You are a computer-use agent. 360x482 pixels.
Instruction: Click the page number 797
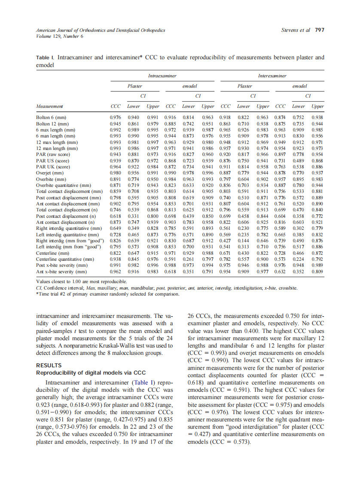pyautogui.click(x=319, y=30)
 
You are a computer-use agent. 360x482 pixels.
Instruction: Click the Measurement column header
pyautogui.click(x=49, y=106)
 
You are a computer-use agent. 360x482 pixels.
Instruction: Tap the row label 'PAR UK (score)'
pyautogui.click(x=53, y=167)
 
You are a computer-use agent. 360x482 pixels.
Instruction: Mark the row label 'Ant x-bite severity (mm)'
pyautogui.click(x=62, y=272)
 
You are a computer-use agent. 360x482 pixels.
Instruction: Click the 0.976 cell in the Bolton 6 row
pyautogui.click(x=115, y=117)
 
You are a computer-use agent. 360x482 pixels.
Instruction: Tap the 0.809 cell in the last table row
pyautogui.click(x=317, y=272)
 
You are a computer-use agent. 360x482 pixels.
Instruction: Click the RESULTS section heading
pyautogui.click(x=49, y=365)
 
